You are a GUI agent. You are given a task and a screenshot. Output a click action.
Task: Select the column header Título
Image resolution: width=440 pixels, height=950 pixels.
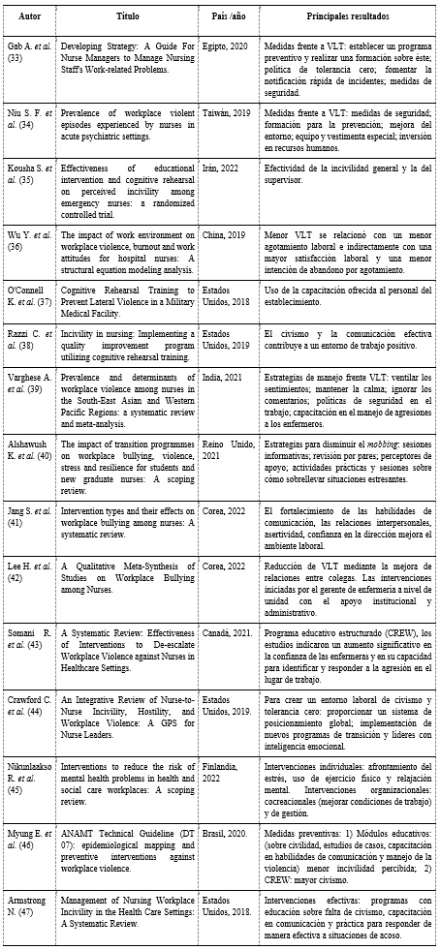128,17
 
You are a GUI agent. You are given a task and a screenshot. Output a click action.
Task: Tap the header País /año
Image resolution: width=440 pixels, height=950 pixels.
228,17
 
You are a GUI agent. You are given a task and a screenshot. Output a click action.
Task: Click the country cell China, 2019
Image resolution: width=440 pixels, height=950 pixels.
226,235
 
